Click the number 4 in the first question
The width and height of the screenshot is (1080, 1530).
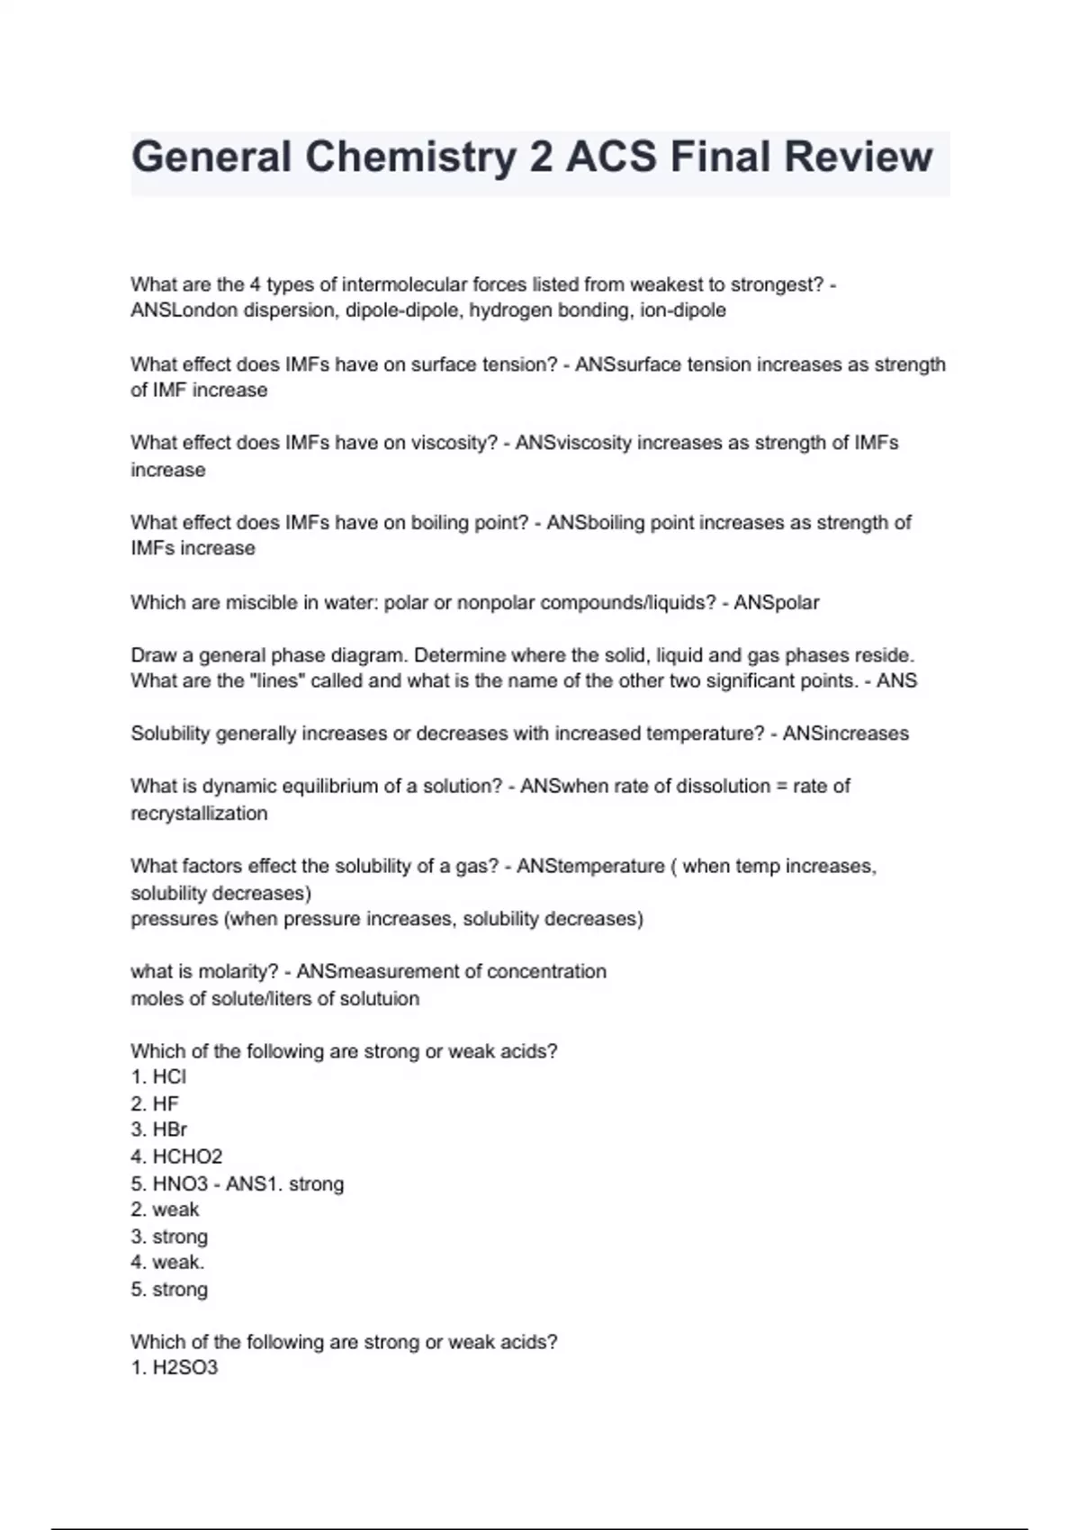pos(255,284)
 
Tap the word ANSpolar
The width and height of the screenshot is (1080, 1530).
pos(776,602)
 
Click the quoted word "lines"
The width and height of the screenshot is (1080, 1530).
pos(277,681)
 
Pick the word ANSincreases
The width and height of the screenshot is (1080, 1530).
pos(845,733)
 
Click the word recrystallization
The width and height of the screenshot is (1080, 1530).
pos(199,814)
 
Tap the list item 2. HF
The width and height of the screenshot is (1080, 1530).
pos(155,1103)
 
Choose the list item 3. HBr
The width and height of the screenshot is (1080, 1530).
pos(158,1129)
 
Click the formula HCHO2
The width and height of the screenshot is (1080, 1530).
pos(187,1156)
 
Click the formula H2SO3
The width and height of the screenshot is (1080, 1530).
pos(184,1368)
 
